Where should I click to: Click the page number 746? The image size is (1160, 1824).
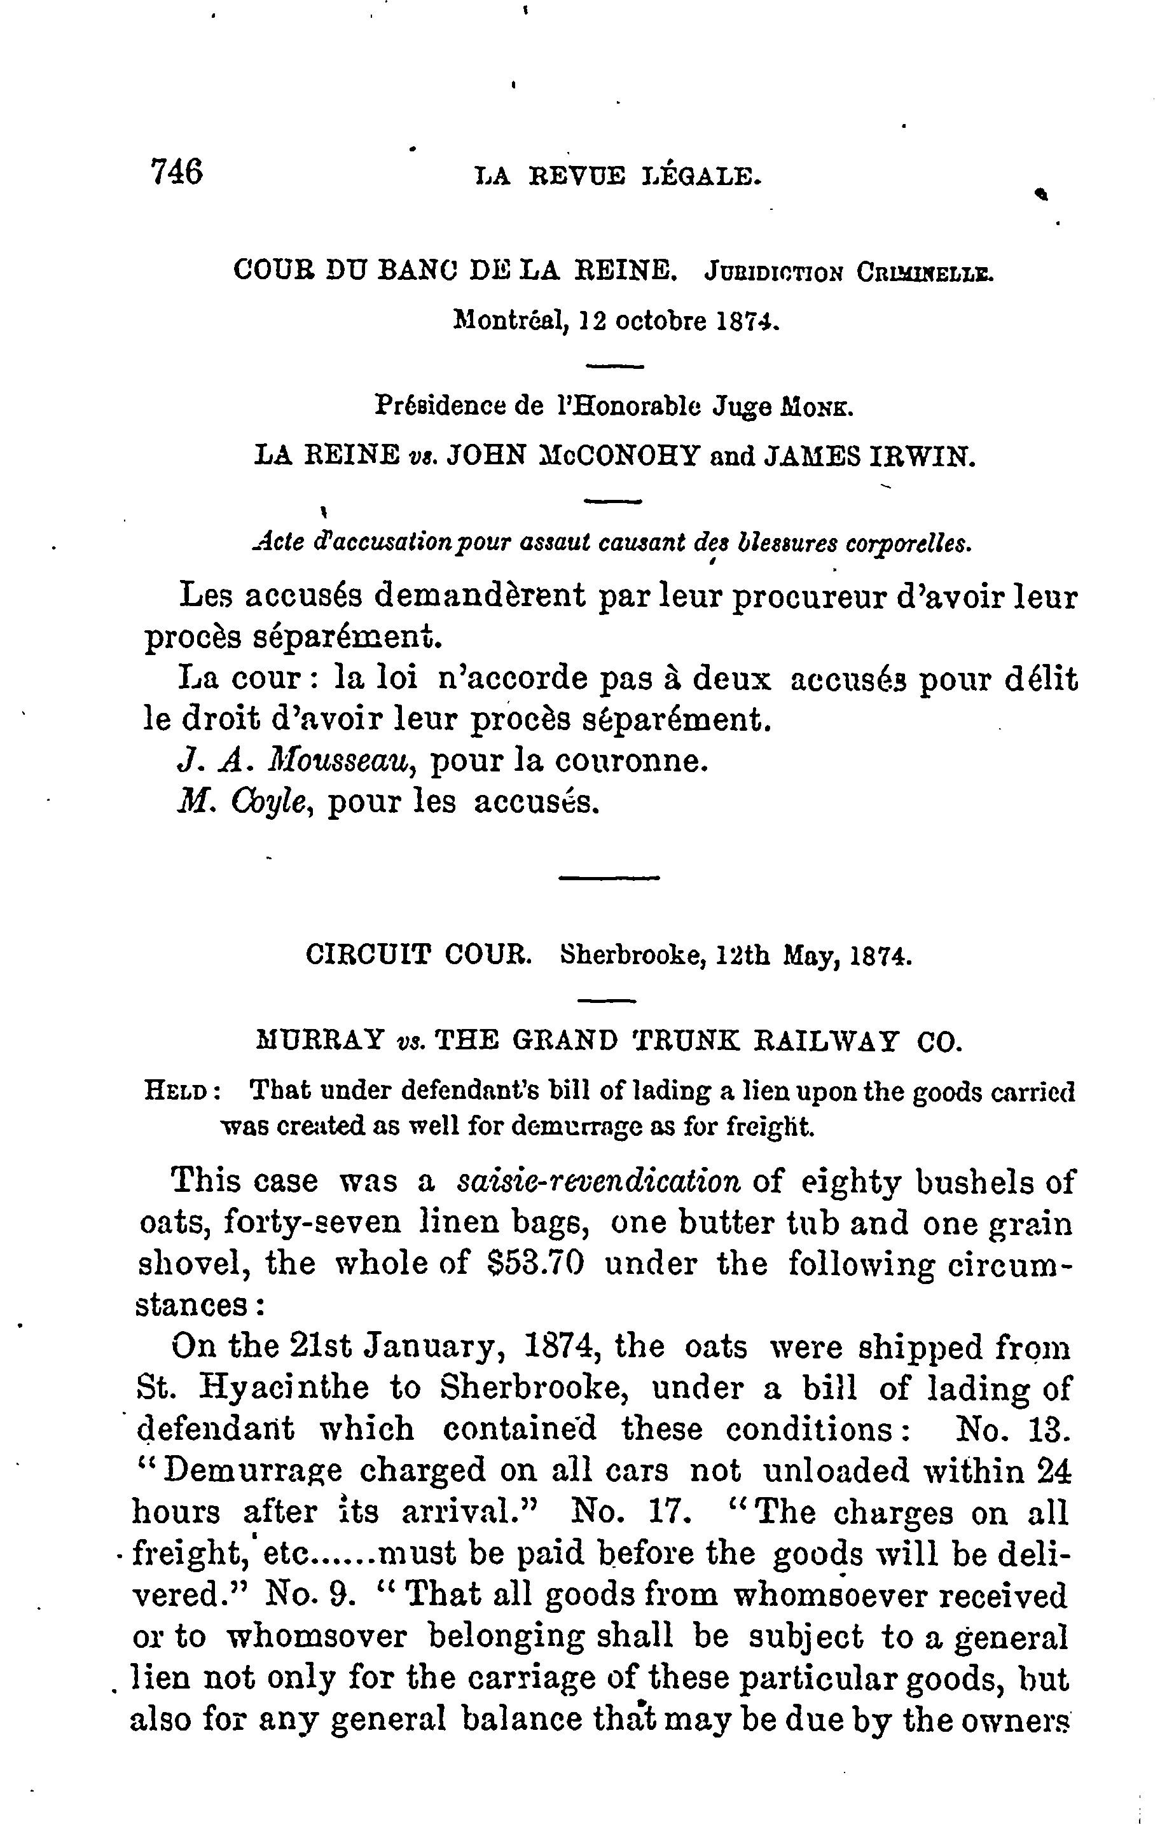click(177, 171)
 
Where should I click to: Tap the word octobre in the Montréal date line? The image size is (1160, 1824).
click(657, 322)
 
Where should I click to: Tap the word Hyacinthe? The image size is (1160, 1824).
click(286, 1387)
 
